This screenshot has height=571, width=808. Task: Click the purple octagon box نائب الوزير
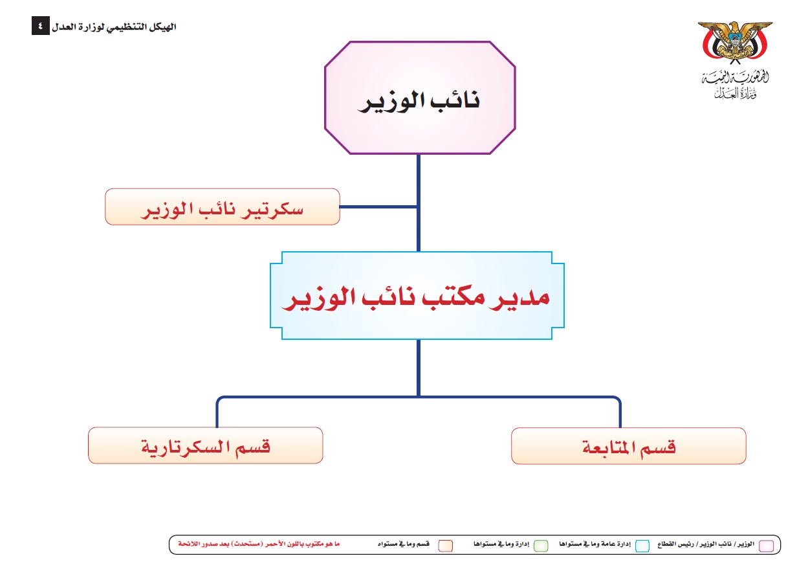point(419,98)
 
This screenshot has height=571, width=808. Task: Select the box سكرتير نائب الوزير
point(222,207)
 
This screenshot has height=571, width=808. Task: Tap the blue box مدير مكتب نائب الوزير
point(417,296)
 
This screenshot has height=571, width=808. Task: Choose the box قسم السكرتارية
point(205,445)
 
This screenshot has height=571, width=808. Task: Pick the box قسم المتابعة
point(628,445)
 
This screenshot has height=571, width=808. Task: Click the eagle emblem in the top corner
point(735,42)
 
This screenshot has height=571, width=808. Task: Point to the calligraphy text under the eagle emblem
point(735,85)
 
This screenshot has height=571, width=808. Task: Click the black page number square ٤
point(40,27)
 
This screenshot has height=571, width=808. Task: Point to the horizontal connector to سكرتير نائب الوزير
point(378,207)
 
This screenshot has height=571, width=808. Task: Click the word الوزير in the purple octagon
point(389,101)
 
